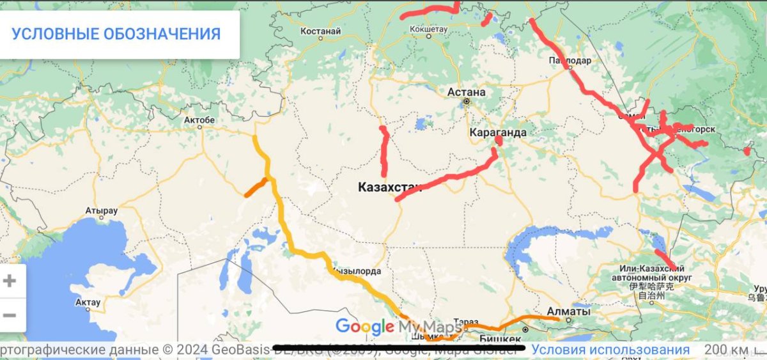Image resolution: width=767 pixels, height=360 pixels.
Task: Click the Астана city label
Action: (466, 91)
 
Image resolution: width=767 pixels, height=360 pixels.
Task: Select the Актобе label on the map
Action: (199, 120)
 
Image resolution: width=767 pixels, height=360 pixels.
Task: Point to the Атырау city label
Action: (102, 210)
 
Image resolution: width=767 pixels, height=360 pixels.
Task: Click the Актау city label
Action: (88, 302)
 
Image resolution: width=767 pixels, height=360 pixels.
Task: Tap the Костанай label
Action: (320, 30)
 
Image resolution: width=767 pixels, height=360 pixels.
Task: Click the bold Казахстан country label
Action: (390, 187)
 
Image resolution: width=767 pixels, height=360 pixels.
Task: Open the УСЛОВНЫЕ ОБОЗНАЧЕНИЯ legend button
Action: (116, 34)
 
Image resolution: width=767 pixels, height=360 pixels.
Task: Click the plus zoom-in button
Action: (10, 281)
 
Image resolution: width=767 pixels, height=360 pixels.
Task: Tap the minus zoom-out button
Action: (10, 315)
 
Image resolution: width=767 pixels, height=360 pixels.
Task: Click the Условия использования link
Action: (610, 350)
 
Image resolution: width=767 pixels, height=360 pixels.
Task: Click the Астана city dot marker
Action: (467, 101)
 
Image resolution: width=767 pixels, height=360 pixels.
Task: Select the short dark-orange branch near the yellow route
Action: (256, 187)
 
